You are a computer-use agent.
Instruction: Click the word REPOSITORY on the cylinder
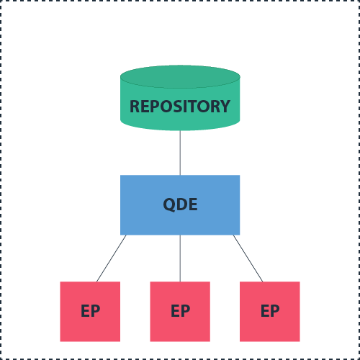point(180,107)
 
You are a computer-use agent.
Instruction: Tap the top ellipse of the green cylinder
point(180,76)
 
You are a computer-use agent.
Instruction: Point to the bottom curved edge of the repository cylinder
point(180,130)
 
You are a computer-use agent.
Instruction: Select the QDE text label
point(180,204)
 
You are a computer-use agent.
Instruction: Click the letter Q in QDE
point(169,204)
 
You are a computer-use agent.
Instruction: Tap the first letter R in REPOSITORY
point(135,107)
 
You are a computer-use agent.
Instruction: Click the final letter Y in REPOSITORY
point(225,107)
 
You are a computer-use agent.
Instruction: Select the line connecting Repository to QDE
point(180,153)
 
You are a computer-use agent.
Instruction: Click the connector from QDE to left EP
point(112,258)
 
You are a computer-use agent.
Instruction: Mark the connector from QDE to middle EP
point(180,258)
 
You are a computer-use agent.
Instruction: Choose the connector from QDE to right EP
point(248,258)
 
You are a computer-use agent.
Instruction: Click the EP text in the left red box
point(90,312)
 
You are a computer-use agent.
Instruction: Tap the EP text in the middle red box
point(180,312)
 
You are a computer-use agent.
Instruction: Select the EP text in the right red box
point(270,312)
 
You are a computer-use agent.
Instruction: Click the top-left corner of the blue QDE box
point(121,176)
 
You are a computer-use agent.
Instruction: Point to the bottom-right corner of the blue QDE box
point(239,234)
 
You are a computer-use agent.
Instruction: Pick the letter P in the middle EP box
point(185,312)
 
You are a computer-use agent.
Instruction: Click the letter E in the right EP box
point(265,312)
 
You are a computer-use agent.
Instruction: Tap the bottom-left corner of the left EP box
point(60,341)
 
